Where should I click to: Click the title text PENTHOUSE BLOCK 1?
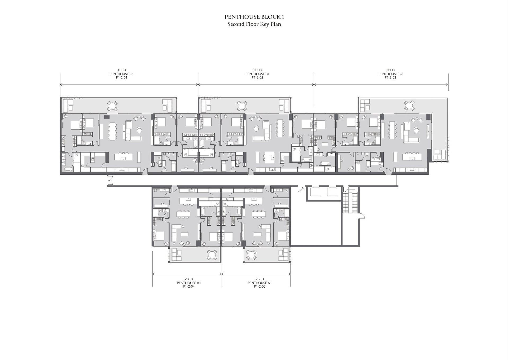click(254, 17)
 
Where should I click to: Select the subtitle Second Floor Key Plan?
click(254, 24)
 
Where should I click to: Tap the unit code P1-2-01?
click(122, 78)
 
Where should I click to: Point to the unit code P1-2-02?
click(257, 78)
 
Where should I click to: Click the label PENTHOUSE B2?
click(390, 74)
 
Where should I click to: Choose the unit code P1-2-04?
click(189, 287)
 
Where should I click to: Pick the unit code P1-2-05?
click(260, 287)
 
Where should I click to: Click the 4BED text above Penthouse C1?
click(122, 70)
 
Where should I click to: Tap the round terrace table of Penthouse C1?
click(112, 106)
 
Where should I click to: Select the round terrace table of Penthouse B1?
click(242, 106)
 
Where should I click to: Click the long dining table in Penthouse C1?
click(112, 131)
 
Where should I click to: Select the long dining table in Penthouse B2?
click(392, 131)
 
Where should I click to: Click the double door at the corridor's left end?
click(110, 180)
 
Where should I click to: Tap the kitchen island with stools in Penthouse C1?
click(123, 157)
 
